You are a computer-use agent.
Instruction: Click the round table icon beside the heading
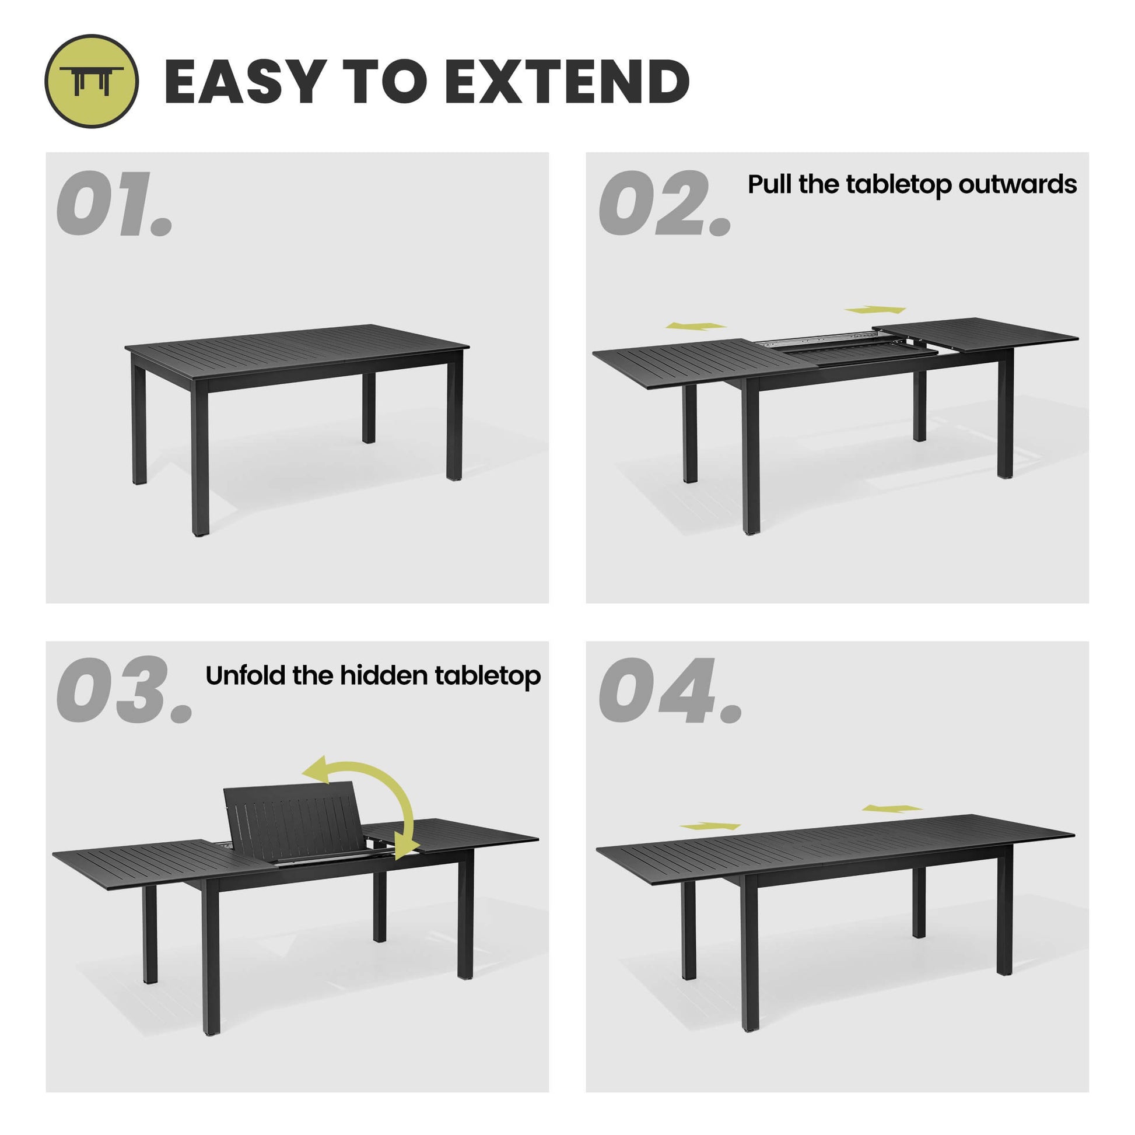pos(92,81)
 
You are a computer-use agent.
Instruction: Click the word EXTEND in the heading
pos(567,82)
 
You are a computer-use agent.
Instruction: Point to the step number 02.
pos(665,204)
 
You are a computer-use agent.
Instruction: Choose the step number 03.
pos(125,691)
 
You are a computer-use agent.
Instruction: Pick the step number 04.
pos(670,691)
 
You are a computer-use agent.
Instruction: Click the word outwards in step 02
pos(1018,184)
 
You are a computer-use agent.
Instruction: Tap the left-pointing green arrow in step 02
pos(696,325)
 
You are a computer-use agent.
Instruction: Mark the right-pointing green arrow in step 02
pos(875,310)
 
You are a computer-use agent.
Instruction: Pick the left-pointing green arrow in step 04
pos(892,808)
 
